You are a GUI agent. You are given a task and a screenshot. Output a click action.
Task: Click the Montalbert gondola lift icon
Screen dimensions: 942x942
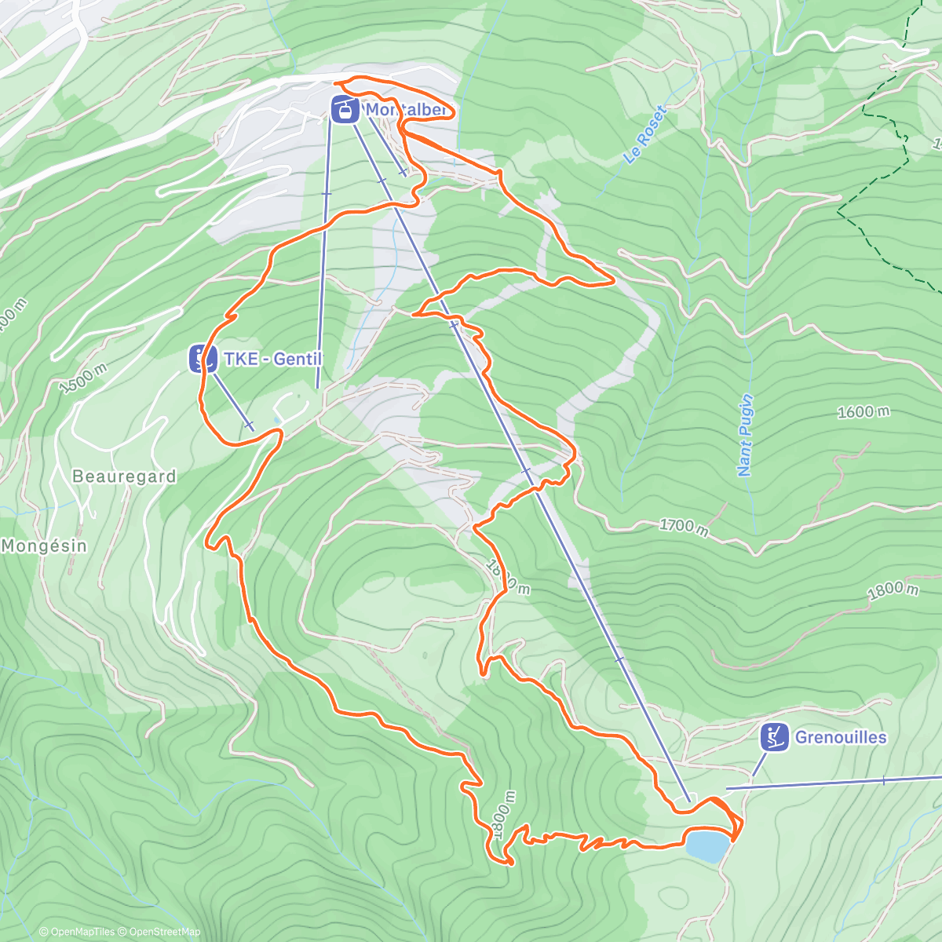345,109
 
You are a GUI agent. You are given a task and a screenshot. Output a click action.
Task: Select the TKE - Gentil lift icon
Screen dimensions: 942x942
203,359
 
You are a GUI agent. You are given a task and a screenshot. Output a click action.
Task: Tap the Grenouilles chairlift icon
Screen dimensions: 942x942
774,737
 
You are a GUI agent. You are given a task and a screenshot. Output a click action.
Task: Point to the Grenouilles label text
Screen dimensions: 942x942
841,737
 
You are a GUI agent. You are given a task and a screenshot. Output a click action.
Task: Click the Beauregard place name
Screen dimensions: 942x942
124,476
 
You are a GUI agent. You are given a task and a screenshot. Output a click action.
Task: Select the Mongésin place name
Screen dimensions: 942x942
44,545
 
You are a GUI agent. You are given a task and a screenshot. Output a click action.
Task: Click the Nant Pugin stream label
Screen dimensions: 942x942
746,435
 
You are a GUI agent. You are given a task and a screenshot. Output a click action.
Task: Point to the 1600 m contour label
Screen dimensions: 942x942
863,412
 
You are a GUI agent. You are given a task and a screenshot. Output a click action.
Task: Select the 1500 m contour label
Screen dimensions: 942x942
82,378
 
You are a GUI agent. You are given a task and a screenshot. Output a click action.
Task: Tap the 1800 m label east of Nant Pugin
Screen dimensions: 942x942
893,590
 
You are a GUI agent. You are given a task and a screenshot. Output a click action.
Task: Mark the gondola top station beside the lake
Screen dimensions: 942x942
685,799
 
